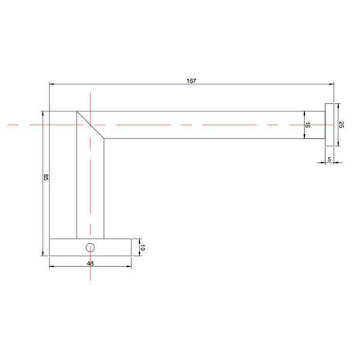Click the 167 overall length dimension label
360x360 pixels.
(191, 81)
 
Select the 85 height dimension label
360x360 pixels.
(46, 177)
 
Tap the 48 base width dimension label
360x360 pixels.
(90, 263)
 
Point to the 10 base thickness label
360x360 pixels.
(142, 248)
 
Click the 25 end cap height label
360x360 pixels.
(341, 125)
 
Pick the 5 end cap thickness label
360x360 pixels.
(329, 159)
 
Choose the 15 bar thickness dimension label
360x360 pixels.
(307, 125)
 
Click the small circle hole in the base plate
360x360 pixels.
(90, 248)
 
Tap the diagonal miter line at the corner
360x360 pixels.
(90, 125)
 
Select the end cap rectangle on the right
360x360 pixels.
(330, 125)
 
